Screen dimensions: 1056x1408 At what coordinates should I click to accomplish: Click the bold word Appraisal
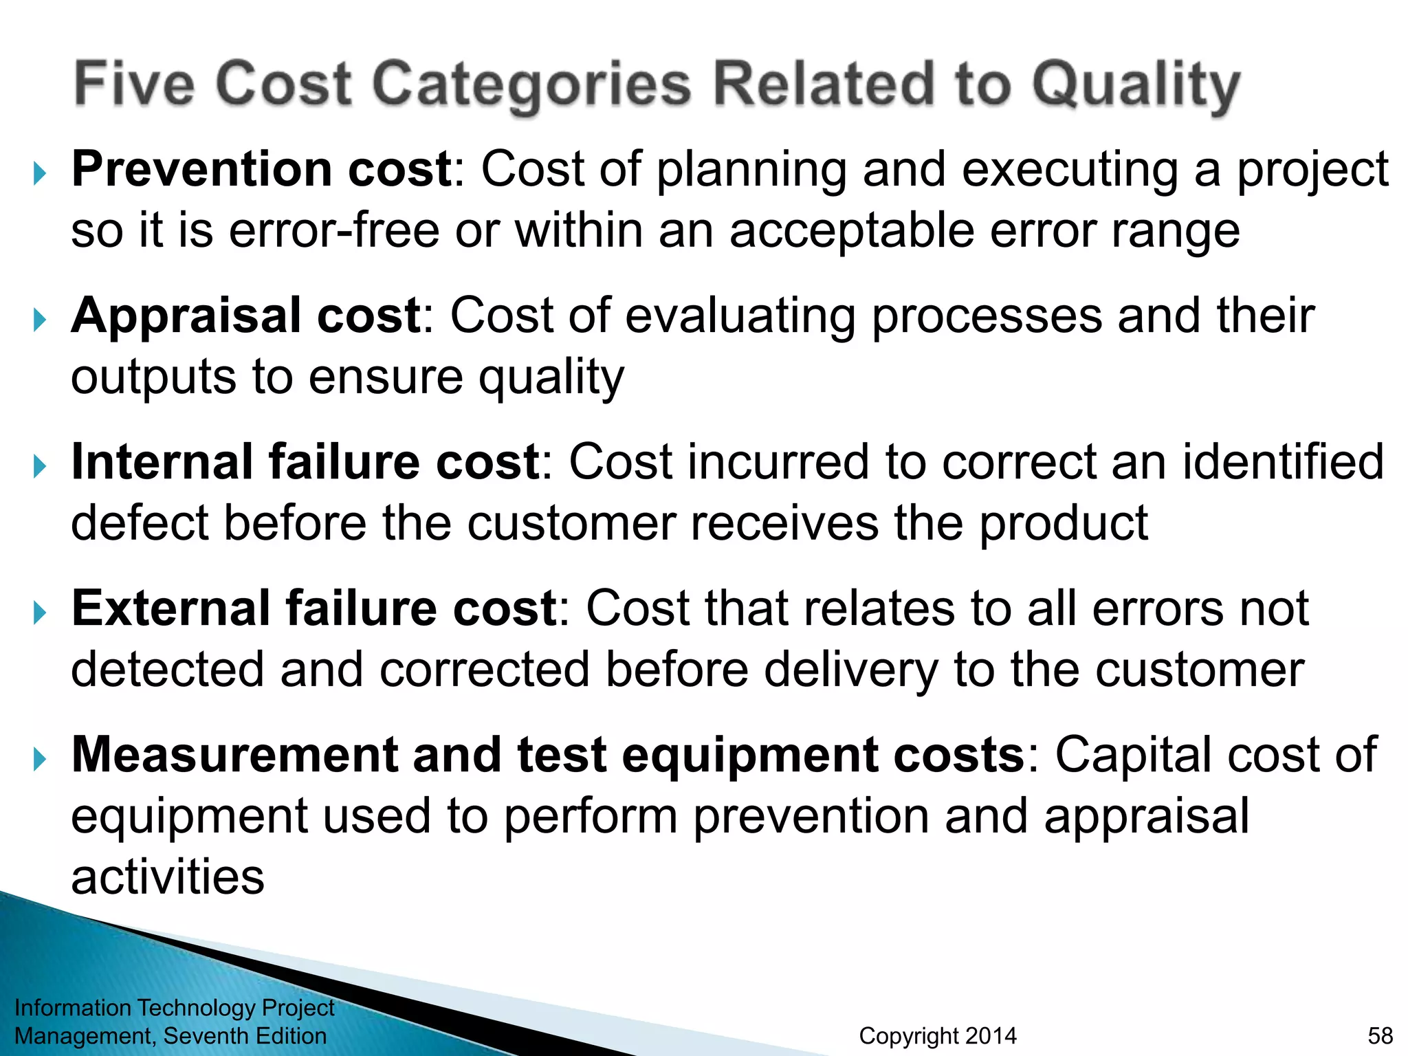[186, 316]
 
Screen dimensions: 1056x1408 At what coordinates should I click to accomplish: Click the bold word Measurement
[234, 755]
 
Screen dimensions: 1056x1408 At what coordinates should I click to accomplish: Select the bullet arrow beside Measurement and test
[40, 760]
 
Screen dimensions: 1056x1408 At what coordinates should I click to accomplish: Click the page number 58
[1380, 1035]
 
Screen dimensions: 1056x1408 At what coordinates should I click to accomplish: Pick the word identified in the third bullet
[1282, 462]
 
